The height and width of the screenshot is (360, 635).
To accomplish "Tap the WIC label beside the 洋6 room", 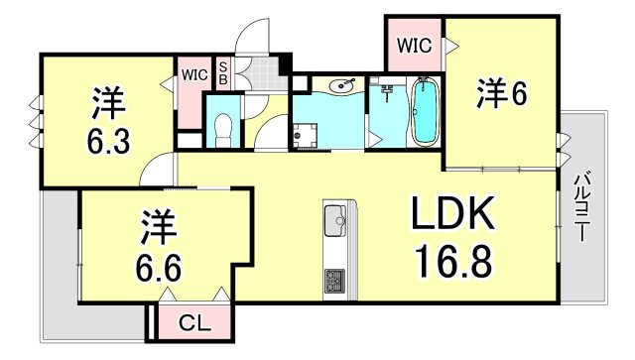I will [414, 45].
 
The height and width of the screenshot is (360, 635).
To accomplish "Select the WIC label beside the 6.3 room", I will [192, 73].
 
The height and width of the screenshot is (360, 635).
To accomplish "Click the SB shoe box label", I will [223, 72].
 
